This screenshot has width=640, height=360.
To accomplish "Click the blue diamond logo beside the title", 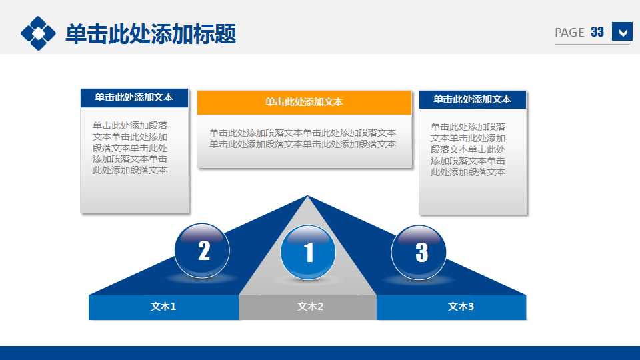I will click(38, 33).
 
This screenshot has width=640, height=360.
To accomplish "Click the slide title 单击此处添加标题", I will click(151, 33).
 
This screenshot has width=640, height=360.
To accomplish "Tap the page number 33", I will click(597, 32).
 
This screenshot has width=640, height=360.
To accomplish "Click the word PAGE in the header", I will click(569, 33).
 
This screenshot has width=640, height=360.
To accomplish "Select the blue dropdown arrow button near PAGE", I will click(622, 32).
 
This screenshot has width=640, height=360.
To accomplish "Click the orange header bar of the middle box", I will click(304, 102).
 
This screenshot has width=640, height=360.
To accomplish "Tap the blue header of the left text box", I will click(134, 97).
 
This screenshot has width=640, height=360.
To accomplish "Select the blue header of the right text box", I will click(472, 99).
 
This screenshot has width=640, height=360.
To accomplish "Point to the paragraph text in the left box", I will click(131, 147).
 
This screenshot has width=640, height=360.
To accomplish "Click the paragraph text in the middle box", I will click(303, 138).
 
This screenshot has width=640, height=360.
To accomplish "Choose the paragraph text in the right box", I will click(468, 149).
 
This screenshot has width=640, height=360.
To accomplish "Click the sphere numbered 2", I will click(202, 251).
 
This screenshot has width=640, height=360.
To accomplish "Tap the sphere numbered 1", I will click(308, 253).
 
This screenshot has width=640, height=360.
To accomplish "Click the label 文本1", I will click(163, 307).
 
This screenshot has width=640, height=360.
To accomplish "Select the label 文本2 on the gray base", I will click(310, 307).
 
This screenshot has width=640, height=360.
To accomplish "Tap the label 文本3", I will click(461, 307).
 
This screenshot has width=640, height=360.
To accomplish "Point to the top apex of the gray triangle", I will click(307, 197).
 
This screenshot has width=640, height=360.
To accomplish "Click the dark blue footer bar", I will click(320, 353).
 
